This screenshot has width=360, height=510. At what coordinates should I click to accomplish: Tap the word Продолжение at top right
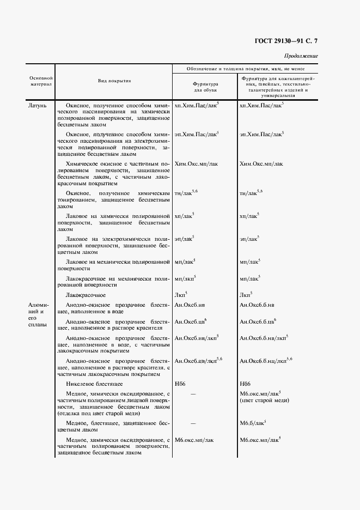click(x=301, y=56)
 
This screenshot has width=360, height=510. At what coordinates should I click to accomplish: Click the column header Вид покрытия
click(x=114, y=81)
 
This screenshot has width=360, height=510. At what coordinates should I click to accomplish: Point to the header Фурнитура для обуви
click(x=205, y=87)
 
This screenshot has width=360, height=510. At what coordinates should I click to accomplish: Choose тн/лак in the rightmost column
click(x=251, y=193)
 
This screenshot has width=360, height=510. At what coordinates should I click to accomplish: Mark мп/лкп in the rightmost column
click(x=249, y=278)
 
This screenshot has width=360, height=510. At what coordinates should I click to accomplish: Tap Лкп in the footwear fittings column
click(x=180, y=295)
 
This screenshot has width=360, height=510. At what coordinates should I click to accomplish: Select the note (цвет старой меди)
click(x=264, y=400)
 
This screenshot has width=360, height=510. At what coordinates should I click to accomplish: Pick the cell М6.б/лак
click(x=253, y=422)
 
